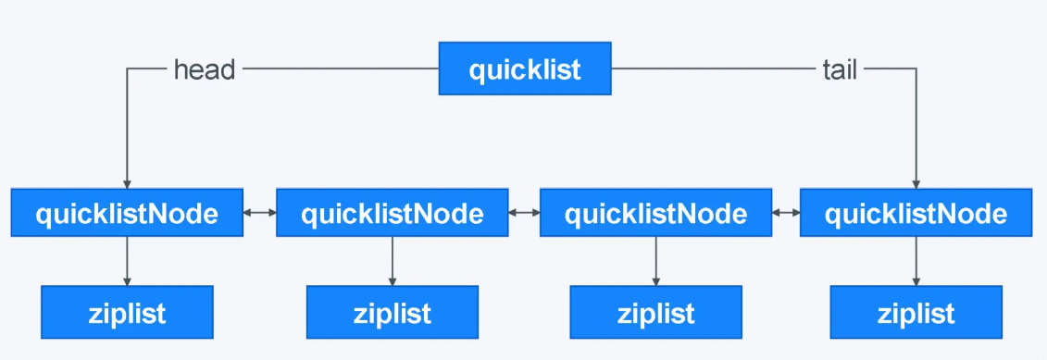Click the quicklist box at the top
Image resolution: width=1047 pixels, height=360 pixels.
[525, 69]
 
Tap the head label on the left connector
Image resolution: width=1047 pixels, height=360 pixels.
[205, 69]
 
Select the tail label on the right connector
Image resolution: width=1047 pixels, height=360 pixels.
[839, 69]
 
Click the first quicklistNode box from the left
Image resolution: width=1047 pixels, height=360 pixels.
[127, 213]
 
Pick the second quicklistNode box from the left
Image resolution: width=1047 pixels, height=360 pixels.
[392, 213]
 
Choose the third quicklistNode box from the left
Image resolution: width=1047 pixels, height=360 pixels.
[655, 213]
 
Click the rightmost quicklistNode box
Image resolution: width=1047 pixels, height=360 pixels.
[916, 213]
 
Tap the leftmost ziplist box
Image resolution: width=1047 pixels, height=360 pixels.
[127, 312]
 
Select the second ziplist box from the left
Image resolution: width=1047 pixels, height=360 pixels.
[392, 312]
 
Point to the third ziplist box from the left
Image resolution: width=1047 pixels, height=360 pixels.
[655, 312]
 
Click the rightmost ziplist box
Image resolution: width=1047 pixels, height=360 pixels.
[916, 312]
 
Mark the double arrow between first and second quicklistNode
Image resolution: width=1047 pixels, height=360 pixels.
[259, 213]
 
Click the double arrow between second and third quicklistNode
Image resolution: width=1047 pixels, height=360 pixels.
[523, 213]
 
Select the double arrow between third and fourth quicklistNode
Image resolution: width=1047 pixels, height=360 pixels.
[786, 213]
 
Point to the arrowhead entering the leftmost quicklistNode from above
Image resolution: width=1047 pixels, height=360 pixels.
[127, 182]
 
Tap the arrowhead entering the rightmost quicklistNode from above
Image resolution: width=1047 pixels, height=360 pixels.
[916, 182]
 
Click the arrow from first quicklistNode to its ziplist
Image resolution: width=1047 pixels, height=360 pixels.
[127, 261]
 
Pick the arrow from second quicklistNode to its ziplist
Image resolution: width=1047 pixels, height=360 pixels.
[392, 261]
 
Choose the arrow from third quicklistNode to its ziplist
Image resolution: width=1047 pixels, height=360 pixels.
[655, 261]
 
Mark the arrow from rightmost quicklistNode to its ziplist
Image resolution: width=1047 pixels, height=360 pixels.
[916, 261]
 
